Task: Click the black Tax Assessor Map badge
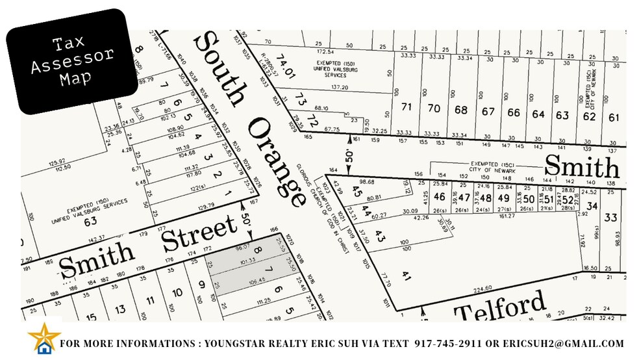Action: click(73, 61)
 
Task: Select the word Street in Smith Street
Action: click(199, 235)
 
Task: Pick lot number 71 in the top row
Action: click(407, 107)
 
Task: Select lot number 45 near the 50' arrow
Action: click(355, 192)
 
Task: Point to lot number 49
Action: click(503, 198)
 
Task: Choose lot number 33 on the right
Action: click(610, 218)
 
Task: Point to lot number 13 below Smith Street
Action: click(121, 309)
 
